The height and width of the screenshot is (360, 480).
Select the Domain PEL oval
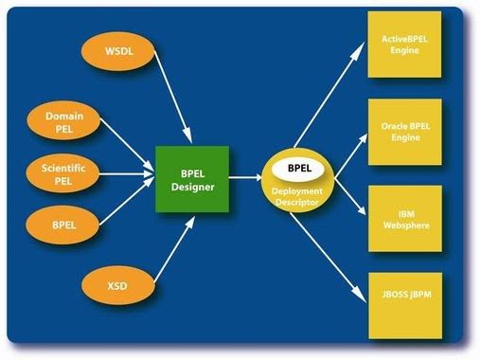(x=64, y=122)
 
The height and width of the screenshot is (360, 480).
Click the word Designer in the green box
(x=192, y=187)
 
